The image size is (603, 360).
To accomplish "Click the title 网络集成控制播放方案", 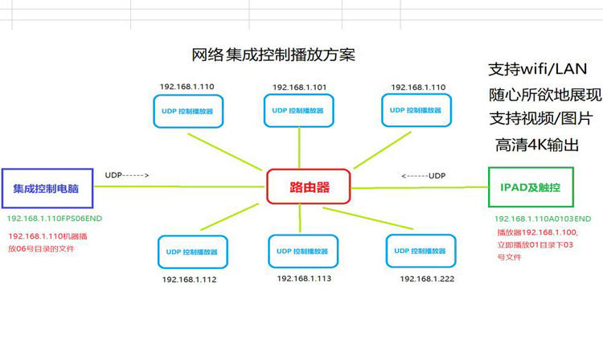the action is tap(273, 55).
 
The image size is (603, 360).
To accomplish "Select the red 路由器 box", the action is tap(309, 186).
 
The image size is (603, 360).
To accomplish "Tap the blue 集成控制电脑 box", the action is tap(47, 188).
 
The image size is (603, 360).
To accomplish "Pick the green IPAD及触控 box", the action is tap(531, 187).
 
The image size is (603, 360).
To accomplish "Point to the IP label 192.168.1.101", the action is tap(299, 88).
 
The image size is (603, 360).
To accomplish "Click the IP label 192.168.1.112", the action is tap(189, 280).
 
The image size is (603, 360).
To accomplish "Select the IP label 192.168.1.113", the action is tap(304, 279).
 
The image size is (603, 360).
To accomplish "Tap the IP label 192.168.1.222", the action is tap(427, 279).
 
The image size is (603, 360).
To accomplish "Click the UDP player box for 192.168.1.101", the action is tap(299, 111).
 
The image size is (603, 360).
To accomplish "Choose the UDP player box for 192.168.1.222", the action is tap(420, 251).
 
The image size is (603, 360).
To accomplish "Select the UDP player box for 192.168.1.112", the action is tap(193, 252).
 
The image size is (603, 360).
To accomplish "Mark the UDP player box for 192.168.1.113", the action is tap(303, 252).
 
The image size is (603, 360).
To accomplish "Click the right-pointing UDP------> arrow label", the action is tap(127, 175).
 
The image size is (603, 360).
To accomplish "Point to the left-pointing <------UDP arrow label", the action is tap(424, 176).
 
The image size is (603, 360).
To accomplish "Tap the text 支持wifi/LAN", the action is tap(538, 69).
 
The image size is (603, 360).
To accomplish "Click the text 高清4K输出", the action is tap(537, 145).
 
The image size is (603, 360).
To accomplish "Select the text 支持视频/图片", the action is tap(541, 118).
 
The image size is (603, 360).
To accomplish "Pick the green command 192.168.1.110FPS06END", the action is tap(55, 219).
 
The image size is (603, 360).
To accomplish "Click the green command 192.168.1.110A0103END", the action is tap(543, 219).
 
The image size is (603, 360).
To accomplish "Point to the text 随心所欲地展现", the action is tap(545, 95).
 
